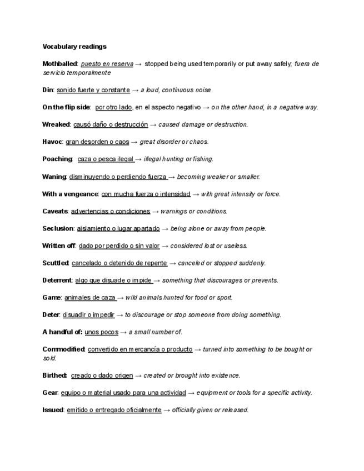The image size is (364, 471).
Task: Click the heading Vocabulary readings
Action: pos(74,47)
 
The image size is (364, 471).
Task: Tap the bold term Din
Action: pos(47,90)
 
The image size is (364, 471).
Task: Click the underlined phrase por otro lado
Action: pos(113,107)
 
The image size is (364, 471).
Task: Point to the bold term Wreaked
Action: pos(56,124)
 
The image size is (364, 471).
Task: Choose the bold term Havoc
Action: pos(52,142)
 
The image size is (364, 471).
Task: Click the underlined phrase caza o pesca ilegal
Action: pos(106,159)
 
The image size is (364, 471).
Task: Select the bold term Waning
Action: pos(54,177)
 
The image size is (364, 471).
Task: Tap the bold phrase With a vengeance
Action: pos(70,194)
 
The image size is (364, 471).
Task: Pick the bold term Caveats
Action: pos(55,211)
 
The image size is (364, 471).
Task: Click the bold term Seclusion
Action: pos(58,228)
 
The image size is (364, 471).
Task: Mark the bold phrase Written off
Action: pos(59,245)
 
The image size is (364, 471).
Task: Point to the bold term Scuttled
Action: pos(56,263)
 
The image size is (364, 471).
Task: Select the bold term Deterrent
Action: pos(57,280)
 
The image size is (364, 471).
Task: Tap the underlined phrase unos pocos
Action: pos(101,332)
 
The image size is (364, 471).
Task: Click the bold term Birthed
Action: pos(54,375)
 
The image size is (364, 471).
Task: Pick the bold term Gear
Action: pos(50,393)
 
